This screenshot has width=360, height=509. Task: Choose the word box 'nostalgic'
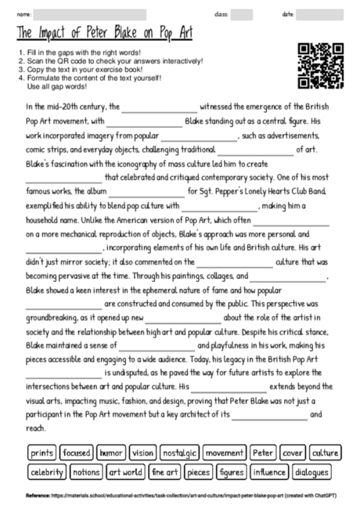pyautogui.click(x=178, y=453)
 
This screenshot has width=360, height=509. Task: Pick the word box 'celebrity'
pyautogui.click(x=47, y=472)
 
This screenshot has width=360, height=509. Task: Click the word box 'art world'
pyautogui.click(x=125, y=472)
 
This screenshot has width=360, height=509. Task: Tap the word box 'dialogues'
pyautogui.click(x=311, y=472)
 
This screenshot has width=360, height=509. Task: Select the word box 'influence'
pyautogui.click(x=268, y=472)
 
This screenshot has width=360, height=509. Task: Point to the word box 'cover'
pyautogui.click(x=293, y=453)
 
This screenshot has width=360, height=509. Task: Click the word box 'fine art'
pyautogui.click(x=165, y=472)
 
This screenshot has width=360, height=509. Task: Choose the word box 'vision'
pyautogui.click(x=142, y=453)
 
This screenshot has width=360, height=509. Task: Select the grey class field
pyautogui.click(x=242, y=14)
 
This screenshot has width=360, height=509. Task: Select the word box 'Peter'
pyautogui.click(x=263, y=453)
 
